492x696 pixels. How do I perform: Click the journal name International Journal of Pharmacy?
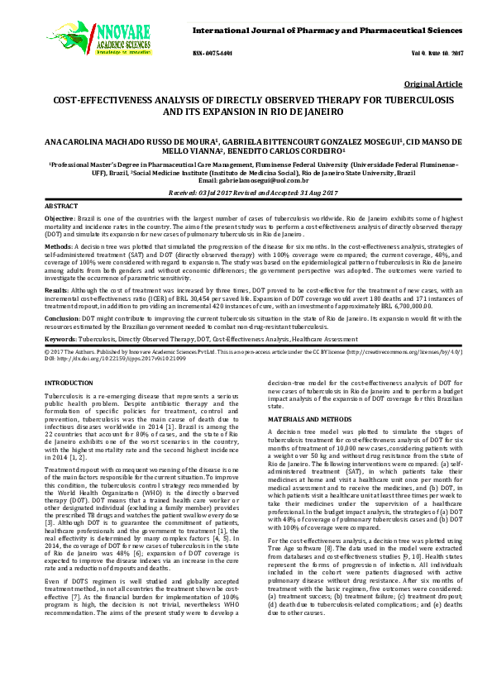point(327,30)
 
